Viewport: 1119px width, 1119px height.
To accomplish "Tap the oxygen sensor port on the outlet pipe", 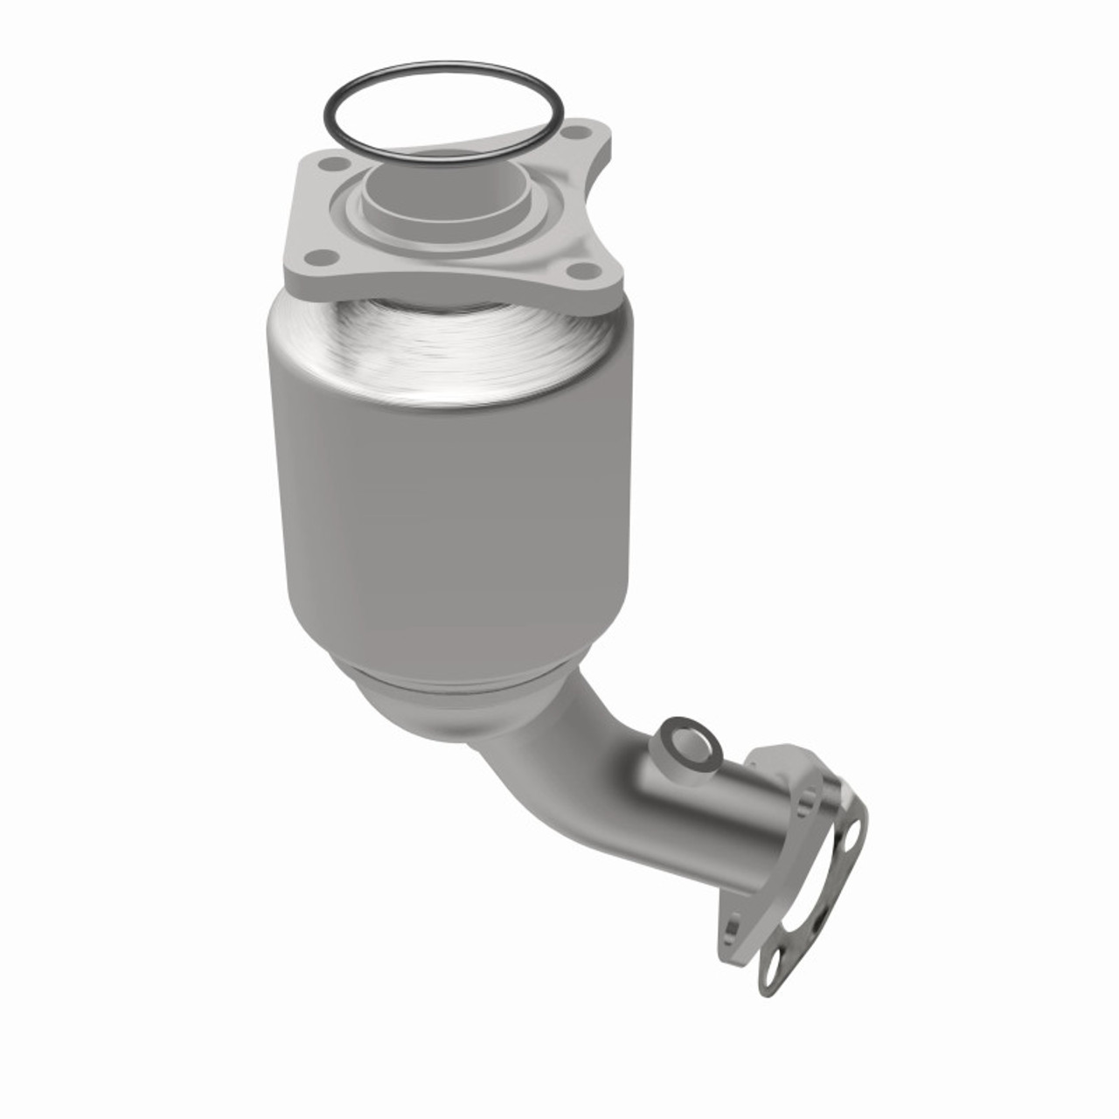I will pyautogui.click(x=692, y=744).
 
